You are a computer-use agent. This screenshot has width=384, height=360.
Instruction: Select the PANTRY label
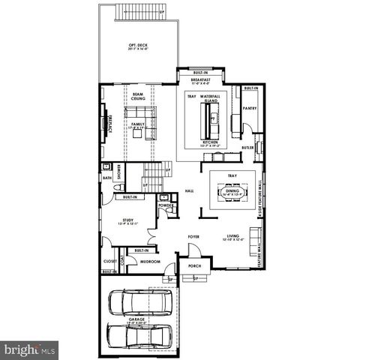[x=250, y=108]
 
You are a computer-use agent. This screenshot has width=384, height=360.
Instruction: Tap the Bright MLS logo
[x=30, y=349]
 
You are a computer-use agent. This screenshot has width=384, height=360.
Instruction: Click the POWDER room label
[x=166, y=205]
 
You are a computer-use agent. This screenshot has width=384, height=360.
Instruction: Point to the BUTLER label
[x=247, y=148]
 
